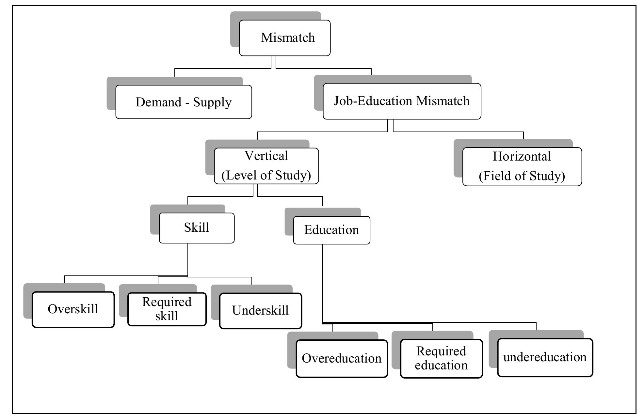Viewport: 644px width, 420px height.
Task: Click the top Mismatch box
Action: click(285, 38)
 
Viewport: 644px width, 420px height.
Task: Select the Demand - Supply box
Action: click(184, 102)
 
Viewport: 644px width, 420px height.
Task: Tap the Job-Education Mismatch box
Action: click(402, 101)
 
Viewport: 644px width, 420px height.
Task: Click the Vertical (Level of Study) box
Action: click(266, 166)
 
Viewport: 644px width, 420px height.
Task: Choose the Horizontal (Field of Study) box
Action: click(522, 166)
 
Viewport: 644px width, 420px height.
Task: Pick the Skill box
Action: click(197, 228)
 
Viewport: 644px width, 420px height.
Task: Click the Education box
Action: click(331, 230)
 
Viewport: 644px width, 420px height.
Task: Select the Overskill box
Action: click(73, 309)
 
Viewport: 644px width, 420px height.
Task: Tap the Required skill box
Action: click(167, 309)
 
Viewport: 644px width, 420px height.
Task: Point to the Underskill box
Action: click(260, 311)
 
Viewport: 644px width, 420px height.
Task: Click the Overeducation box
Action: click(342, 359)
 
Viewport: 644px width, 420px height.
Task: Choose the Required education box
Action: click(441, 358)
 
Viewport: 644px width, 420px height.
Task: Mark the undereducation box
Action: click(545, 357)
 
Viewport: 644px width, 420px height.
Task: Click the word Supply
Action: click(212, 102)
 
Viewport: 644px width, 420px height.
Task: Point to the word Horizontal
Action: click(522, 157)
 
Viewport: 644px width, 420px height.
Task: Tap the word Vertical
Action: click(266, 156)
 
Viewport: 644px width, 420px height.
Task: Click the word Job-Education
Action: click(373, 101)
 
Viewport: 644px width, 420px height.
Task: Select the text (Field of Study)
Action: click(522, 176)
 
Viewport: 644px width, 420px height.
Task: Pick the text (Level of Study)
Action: click(266, 176)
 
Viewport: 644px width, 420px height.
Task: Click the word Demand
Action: click(158, 102)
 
